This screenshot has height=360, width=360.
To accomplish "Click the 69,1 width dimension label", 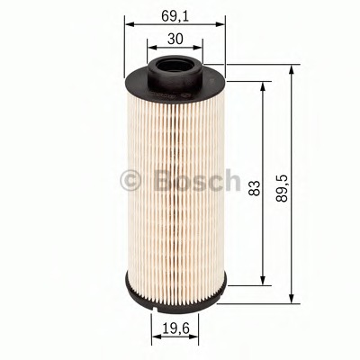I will pyautogui.click(x=174, y=16).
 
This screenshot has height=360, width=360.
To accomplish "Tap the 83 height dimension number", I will pyautogui.click(x=255, y=187).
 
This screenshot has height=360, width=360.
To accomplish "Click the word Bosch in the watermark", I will pyautogui.click(x=197, y=180).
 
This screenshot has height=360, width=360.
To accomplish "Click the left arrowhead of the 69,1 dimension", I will pyautogui.click(x=127, y=26).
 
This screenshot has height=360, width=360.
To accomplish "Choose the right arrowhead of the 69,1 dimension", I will pyautogui.click(x=222, y=26).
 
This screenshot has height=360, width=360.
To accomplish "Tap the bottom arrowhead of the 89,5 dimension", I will pyautogui.click(x=292, y=299).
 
